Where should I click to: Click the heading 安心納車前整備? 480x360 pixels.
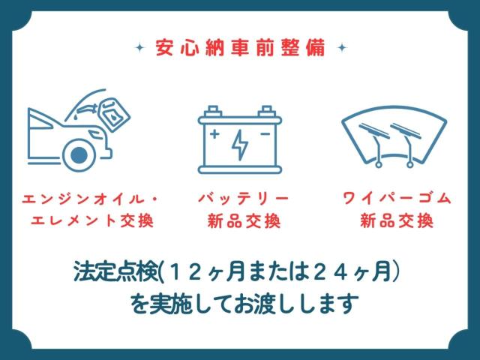click(x=240, y=48)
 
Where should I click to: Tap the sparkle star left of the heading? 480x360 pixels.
click(x=140, y=48)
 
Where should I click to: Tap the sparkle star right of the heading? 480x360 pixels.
click(x=342, y=48)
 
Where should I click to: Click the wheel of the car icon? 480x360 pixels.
click(x=79, y=155)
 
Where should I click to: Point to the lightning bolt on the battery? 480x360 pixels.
click(x=240, y=145)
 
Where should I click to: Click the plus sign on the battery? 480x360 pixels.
click(x=214, y=133)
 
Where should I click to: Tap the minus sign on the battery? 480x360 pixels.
click(x=265, y=133)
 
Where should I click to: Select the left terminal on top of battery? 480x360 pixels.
click(x=213, y=111)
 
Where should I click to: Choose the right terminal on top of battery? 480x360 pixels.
click(x=267, y=111)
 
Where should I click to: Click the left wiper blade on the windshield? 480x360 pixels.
click(x=373, y=130)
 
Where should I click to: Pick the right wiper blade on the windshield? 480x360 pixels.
click(x=405, y=130)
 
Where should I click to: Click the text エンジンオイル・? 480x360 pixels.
click(x=90, y=199)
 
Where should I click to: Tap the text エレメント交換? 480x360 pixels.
click(x=92, y=220)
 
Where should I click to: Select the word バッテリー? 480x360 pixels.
click(x=244, y=199)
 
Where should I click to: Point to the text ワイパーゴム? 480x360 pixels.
click(x=397, y=199)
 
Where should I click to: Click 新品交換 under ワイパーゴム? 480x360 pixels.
click(x=397, y=220)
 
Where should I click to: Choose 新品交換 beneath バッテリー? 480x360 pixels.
click(x=244, y=220)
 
